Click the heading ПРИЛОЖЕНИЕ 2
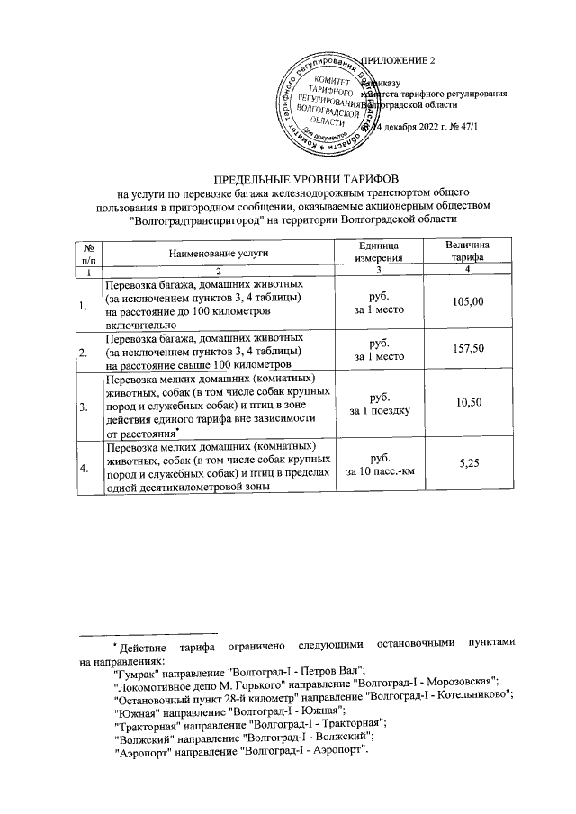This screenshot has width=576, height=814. click(x=397, y=60)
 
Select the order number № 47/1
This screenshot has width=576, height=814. click(x=463, y=127)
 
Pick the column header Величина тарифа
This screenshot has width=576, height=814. click(x=465, y=253)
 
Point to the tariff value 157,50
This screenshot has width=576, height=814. click(x=465, y=350)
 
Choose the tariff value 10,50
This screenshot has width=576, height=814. click(x=465, y=404)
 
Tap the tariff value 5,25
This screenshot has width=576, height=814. click(x=465, y=461)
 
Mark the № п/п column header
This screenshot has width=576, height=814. click(x=88, y=254)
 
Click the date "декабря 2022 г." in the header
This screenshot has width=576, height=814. click(x=411, y=127)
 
